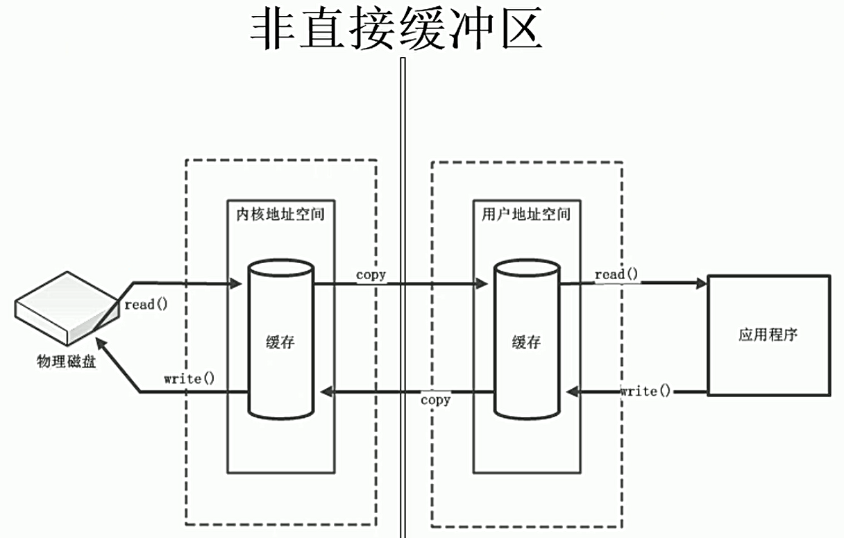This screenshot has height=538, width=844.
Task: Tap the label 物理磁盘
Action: coord(66,361)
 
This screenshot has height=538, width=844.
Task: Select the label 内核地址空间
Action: coord(280,214)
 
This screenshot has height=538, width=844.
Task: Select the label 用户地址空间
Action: coord(525,214)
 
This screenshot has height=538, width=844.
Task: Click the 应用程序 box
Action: coord(768,335)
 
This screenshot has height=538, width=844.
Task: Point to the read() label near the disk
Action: coord(146,304)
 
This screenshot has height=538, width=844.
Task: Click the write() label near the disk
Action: coord(189,379)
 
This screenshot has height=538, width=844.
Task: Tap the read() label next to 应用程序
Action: coord(616,274)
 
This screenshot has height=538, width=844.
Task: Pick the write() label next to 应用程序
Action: coord(645,391)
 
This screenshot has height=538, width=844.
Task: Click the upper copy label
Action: coord(371,275)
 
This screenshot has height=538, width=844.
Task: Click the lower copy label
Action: coord(435,401)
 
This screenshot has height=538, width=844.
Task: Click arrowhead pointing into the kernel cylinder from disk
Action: coord(235,283)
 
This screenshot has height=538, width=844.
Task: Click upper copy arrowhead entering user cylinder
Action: coord(481,283)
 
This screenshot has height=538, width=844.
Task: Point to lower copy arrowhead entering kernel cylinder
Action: coord(326,392)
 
